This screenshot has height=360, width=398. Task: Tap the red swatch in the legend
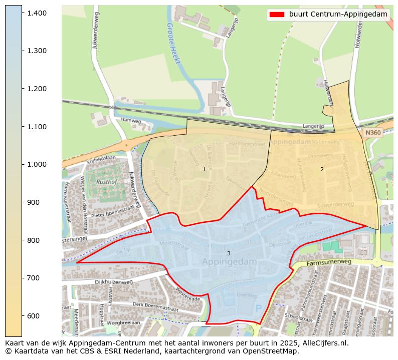[x=276, y=15]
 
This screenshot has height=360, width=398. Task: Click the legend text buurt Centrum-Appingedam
[x=338, y=15]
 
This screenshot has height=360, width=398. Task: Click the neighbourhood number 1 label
[x=204, y=170]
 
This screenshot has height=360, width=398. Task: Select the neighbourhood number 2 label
[x=322, y=170]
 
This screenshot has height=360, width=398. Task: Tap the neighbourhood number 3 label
[x=229, y=254]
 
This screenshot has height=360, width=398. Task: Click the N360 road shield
[x=373, y=133]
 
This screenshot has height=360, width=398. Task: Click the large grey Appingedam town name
[x=230, y=262]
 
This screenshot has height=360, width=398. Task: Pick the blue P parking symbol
[x=258, y=309]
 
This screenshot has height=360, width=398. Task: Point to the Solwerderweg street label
[x=335, y=205]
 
